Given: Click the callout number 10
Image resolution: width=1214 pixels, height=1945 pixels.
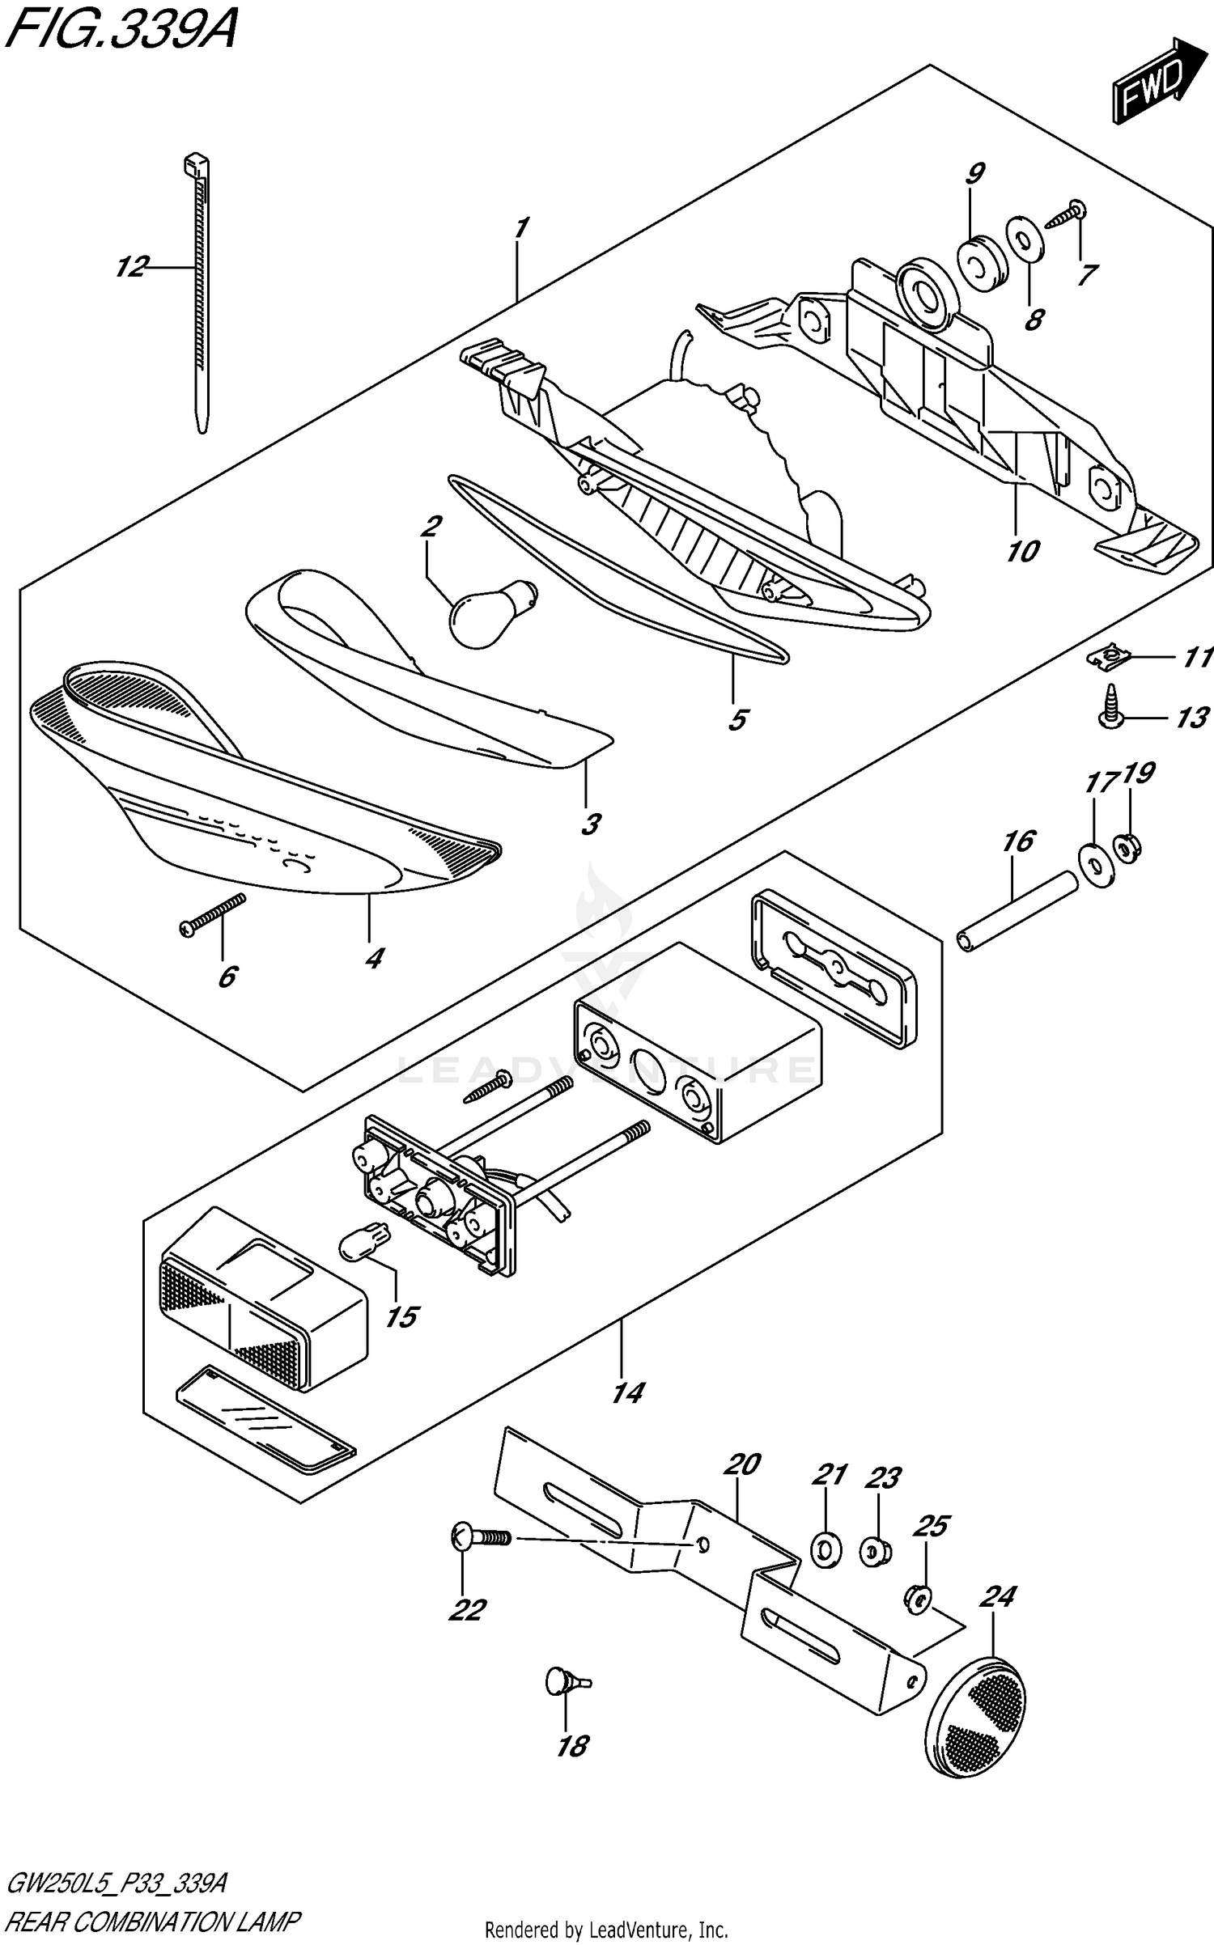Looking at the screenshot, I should tap(1022, 552).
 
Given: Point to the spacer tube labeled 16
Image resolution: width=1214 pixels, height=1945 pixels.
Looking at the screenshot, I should tap(1018, 912).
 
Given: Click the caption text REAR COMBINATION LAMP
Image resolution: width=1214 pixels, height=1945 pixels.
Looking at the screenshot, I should tap(154, 1922).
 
